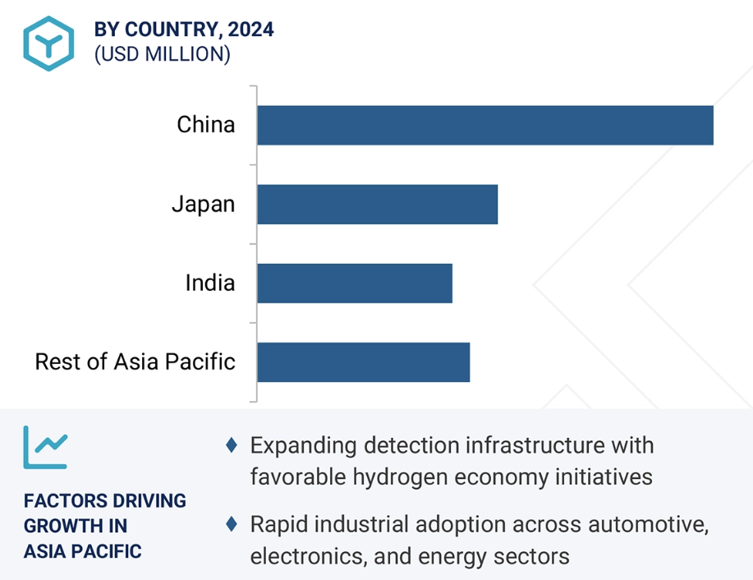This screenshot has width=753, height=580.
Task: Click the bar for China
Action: click(x=485, y=126)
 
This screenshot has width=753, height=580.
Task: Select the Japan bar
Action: click(x=378, y=205)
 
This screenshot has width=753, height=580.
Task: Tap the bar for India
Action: click(x=355, y=283)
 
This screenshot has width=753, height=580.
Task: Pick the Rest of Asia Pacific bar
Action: click(x=364, y=362)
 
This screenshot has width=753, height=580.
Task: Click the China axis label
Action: click(x=206, y=124)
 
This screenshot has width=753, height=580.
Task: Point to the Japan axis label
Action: click(x=204, y=205)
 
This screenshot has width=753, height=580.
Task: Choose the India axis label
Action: click(x=210, y=283)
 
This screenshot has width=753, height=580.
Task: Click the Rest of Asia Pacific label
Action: click(x=135, y=361)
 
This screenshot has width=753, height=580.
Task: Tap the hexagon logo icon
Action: click(x=48, y=44)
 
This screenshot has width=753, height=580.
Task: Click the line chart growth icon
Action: click(x=46, y=448)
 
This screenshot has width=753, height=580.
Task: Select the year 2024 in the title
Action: click(x=250, y=30)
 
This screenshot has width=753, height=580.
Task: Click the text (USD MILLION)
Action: click(x=163, y=54)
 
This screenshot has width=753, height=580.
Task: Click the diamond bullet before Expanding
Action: click(x=232, y=445)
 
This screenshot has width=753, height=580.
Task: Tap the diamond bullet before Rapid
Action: click(x=232, y=524)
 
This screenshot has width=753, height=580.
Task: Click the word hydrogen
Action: click(x=400, y=477)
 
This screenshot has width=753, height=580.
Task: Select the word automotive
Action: click(x=649, y=524)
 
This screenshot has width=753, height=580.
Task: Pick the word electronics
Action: click(x=309, y=556)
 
